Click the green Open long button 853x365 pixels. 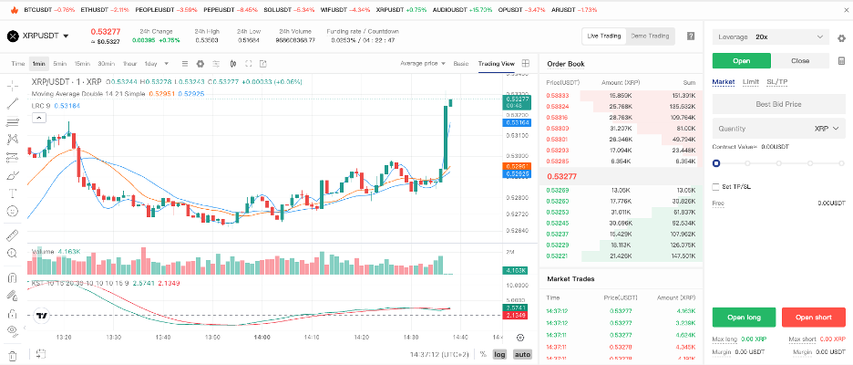pos(744,318)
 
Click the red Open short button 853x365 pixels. pos(813,318)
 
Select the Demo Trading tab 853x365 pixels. pos(650,36)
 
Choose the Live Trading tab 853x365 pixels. pos(604,36)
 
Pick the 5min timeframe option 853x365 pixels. pos(60,64)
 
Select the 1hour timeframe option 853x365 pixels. pos(129,64)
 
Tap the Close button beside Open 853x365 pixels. pos(799,61)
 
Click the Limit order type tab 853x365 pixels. pos(751,82)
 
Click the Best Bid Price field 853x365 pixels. pos(778,104)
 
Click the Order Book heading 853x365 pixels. pos(565,64)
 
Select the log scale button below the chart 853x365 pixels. pos(500,354)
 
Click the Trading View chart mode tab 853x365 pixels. pos(497,64)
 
